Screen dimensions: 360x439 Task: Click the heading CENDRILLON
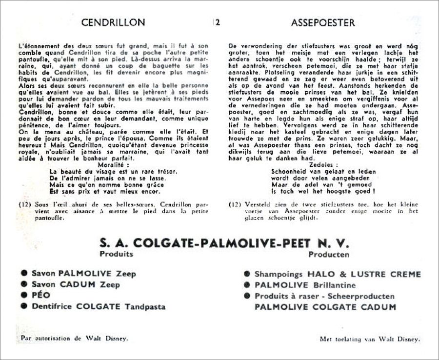point(113,22)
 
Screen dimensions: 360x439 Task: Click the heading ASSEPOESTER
point(323,22)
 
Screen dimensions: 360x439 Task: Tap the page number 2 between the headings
point(218,22)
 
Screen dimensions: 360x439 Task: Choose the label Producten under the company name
point(329,254)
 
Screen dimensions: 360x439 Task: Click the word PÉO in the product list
point(41,296)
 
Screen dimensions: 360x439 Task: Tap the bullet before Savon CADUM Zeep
point(24,284)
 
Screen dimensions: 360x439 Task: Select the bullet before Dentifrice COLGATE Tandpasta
point(24,307)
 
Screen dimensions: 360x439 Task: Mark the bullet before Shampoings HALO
point(247,274)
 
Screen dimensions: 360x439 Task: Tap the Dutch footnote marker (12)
point(236,205)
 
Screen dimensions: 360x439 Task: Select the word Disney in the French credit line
point(118,338)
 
